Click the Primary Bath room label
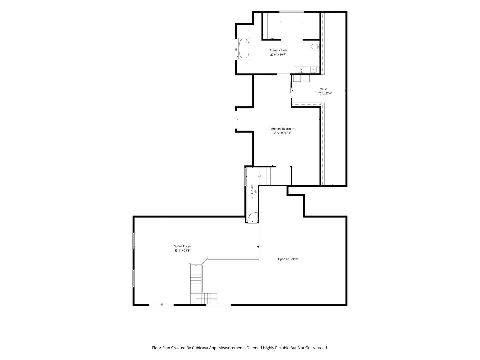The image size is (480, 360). coord(278,50)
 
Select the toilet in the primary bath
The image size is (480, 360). coord(315,47)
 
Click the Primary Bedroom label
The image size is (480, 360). coord(283,129)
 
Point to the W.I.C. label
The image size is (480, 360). coord(324,89)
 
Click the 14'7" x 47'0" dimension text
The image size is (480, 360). coord(324,93)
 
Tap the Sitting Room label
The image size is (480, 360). coord(182,246)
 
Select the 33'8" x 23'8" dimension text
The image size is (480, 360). coord(182,250)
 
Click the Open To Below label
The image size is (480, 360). coord(288,259)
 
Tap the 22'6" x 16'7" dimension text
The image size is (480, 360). coord(278,54)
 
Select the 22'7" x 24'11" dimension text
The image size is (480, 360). coord(283,133)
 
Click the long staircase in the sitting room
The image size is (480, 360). coord(195,284)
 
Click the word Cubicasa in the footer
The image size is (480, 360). coord(200,348)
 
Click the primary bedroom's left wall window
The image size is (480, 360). coord(236,120)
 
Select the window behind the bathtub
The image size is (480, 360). coord(236,49)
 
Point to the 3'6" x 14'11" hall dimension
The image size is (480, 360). coord(252,191)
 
